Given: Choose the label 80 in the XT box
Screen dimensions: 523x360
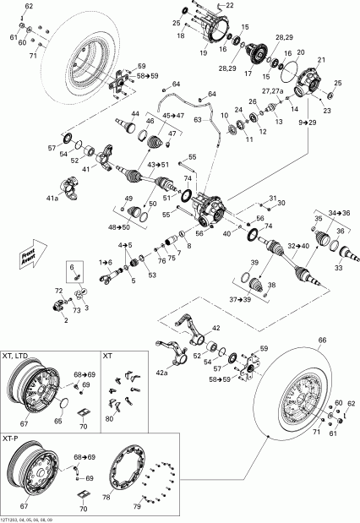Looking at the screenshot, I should pyautogui.click(x=109, y=419).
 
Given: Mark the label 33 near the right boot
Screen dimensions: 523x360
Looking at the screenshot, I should pyautogui.click(x=338, y=268).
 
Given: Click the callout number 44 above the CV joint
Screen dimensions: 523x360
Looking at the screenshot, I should pyautogui.click(x=134, y=113).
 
